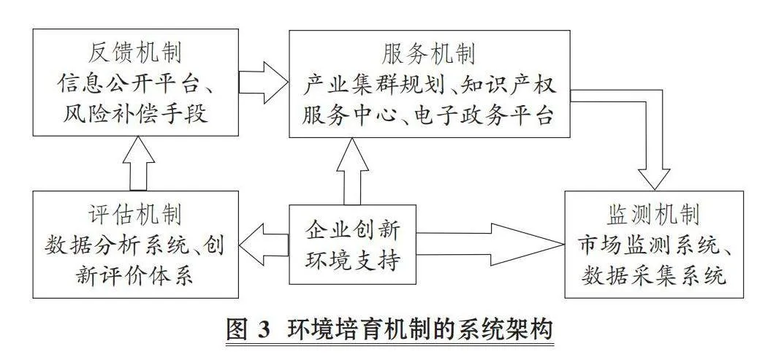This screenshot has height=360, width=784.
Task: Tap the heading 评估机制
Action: coord(135,215)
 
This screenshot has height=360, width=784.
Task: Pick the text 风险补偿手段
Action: coord(135,115)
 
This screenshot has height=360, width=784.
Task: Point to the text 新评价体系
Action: coord(134,275)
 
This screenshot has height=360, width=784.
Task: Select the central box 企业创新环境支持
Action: coord(352,245)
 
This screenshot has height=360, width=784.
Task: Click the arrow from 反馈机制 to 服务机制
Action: coord(264,83)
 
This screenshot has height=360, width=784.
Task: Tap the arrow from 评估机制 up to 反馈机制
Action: coord(139,163)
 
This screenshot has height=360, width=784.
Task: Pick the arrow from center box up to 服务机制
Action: coord(352,171)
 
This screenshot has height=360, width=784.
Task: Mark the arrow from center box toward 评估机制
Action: coord(264,245)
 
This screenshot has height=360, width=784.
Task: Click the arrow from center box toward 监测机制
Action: coord(490,245)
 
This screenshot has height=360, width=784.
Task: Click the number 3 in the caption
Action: coord(262,331)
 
